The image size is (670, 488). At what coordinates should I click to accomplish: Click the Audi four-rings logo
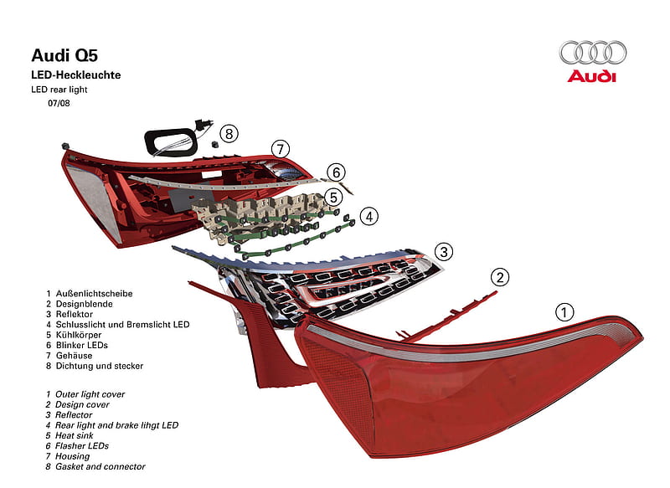tap(593, 53)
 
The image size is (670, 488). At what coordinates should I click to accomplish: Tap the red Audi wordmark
tap(592, 76)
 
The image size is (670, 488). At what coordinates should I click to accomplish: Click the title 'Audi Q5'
tap(64, 55)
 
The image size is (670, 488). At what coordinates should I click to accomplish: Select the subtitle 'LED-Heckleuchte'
tap(76, 75)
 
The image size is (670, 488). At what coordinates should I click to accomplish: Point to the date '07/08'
tap(59, 103)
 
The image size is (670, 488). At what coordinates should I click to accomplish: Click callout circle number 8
tap(229, 134)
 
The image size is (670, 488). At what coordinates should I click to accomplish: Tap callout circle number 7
tap(281, 149)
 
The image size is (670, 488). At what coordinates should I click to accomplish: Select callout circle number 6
tap(337, 172)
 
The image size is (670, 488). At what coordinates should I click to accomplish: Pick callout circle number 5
tap(333, 198)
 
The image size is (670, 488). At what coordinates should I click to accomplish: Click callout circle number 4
tap(369, 217)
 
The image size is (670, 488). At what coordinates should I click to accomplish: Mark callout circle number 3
tap(444, 251)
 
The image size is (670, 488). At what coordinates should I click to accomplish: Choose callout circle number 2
tap(500, 277)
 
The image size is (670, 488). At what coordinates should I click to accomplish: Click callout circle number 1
tap(564, 312)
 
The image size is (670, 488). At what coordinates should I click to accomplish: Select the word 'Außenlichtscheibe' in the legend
tap(94, 294)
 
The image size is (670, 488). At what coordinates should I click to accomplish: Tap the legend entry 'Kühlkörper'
tap(79, 335)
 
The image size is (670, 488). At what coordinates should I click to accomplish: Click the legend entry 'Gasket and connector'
tap(100, 467)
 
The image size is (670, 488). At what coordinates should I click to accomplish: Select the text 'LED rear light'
tap(59, 90)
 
